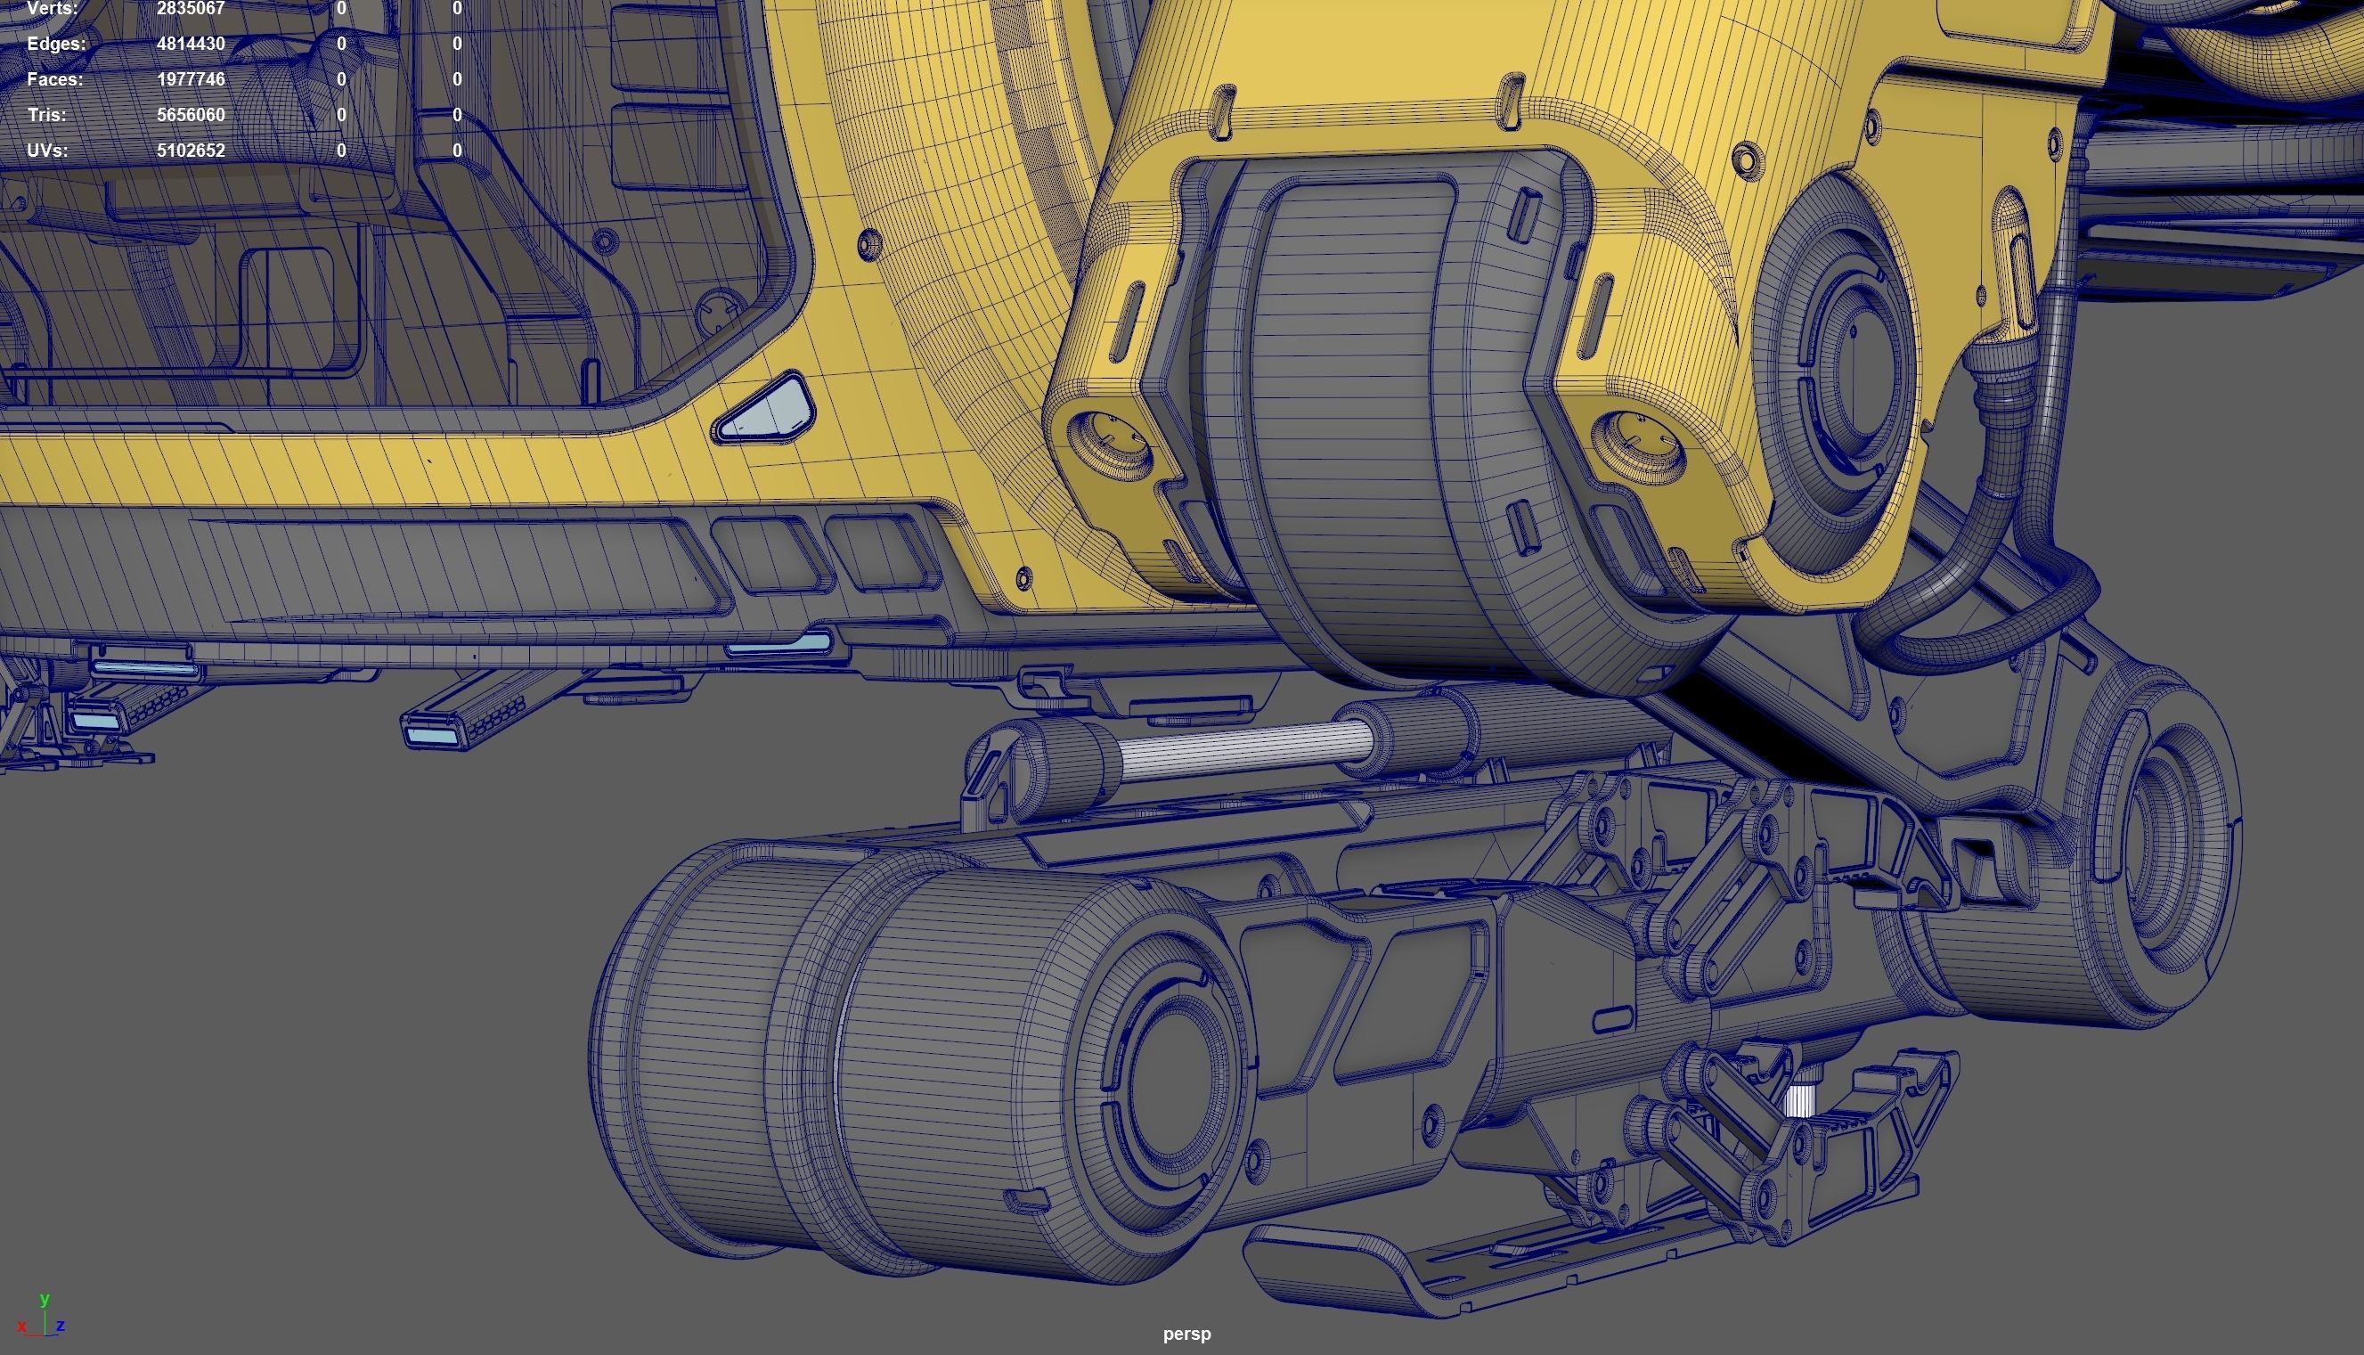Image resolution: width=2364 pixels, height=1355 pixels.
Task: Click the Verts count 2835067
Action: coord(191,8)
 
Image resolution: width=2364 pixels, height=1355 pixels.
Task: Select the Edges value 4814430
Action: coord(191,44)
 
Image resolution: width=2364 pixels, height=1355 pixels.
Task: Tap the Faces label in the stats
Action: coord(55,79)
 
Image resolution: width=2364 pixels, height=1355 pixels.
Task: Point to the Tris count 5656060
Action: coord(191,114)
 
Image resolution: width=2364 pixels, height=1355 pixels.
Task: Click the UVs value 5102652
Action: coord(191,150)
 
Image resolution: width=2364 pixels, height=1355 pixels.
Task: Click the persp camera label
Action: coord(1186,1334)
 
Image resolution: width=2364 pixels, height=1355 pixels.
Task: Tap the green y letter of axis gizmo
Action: coord(45,1298)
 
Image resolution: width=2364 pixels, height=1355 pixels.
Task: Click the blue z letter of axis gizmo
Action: coord(61,1326)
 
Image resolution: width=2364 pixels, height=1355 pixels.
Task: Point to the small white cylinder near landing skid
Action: coord(1799,1100)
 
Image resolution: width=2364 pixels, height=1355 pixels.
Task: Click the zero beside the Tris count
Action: coord(341,114)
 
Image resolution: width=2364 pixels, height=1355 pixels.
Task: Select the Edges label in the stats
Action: coord(56,44)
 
